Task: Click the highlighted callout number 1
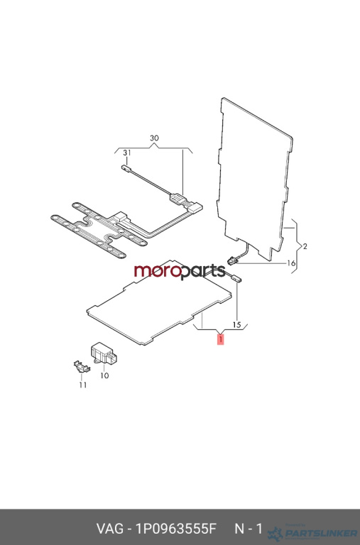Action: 221,339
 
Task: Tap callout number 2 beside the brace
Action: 305,246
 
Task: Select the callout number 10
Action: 104,375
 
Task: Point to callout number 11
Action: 83,385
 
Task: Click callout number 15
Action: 236,325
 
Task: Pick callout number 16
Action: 291,263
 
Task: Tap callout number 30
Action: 154,138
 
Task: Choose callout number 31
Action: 127,153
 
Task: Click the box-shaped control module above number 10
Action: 104,353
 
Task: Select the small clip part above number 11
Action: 82,366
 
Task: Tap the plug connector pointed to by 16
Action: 232,260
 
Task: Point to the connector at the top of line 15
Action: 236,277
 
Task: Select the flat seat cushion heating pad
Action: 159,302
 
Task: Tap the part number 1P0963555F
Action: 176,529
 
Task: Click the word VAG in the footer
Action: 109,529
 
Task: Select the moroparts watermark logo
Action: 180,271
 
